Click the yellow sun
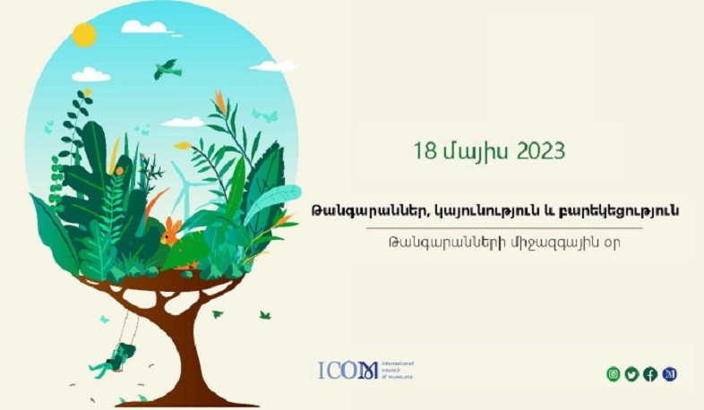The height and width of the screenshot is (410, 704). tap(84, 35)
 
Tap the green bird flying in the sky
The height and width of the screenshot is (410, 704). tap(167, 69)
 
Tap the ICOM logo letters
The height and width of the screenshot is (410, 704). tap(348, 371)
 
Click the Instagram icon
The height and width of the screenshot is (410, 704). tap(614, 374)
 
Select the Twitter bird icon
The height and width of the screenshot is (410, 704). tap(631, 374)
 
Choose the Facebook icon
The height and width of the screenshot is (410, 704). tap(650, 374)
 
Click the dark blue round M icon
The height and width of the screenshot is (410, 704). tap(669, 374)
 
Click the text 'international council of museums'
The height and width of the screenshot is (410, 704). tap(396, 370)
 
